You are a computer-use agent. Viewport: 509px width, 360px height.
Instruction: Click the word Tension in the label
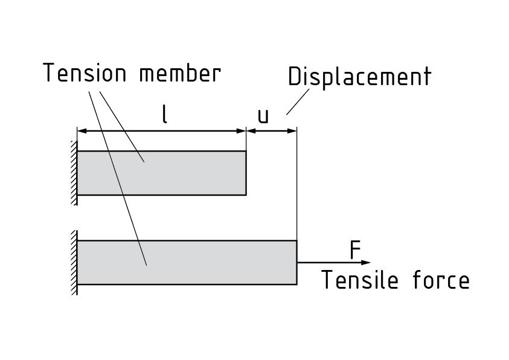coord(85,74)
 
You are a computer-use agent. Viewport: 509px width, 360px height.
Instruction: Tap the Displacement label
coord(359,77)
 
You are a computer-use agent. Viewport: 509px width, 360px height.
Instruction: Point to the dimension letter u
coord(263,116)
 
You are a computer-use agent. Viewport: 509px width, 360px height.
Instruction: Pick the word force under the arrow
coord(439,280)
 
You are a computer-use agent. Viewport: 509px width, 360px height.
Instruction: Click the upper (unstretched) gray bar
coord(161,173)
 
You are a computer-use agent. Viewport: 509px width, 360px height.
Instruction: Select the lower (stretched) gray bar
coord(187,262)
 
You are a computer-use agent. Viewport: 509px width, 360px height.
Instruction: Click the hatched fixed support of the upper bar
coord(74,173)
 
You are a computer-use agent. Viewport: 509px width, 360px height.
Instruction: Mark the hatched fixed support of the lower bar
coord(74,262)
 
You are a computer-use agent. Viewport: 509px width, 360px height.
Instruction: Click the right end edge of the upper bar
coord(246,173)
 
